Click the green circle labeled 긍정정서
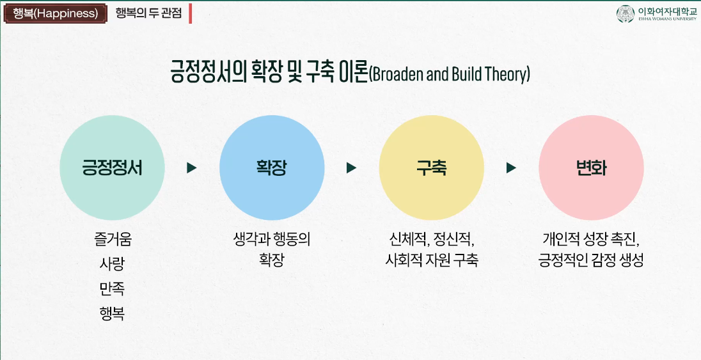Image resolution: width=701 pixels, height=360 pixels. point(112,168)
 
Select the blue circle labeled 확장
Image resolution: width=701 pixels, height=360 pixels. point(272,168)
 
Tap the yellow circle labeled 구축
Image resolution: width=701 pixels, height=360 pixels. point(432,168)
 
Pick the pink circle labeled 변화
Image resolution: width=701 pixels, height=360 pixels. point(591,168)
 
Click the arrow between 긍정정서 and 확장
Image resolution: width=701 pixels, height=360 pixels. point(191,168)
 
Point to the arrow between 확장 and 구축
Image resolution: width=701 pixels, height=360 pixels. point(351,168)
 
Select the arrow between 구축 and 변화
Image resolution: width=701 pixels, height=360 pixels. point(511,168)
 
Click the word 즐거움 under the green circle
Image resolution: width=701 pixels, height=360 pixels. point(113,239)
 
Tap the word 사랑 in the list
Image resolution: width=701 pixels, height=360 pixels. point(112,264)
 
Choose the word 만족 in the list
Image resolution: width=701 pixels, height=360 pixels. point(112,289)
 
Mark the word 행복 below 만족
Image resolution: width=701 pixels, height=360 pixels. point(112,313)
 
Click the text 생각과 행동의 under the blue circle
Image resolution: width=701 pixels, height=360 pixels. point(272,239)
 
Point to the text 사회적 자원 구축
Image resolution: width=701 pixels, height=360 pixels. point(432,260)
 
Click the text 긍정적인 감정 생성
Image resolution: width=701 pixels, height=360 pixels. point(591,260)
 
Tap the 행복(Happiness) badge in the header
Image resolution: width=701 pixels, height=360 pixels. point(55,13)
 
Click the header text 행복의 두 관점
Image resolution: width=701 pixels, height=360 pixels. point(148,13)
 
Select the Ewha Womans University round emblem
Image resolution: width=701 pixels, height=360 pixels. point(625,14)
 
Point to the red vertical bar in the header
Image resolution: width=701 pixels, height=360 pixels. point(190,13)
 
